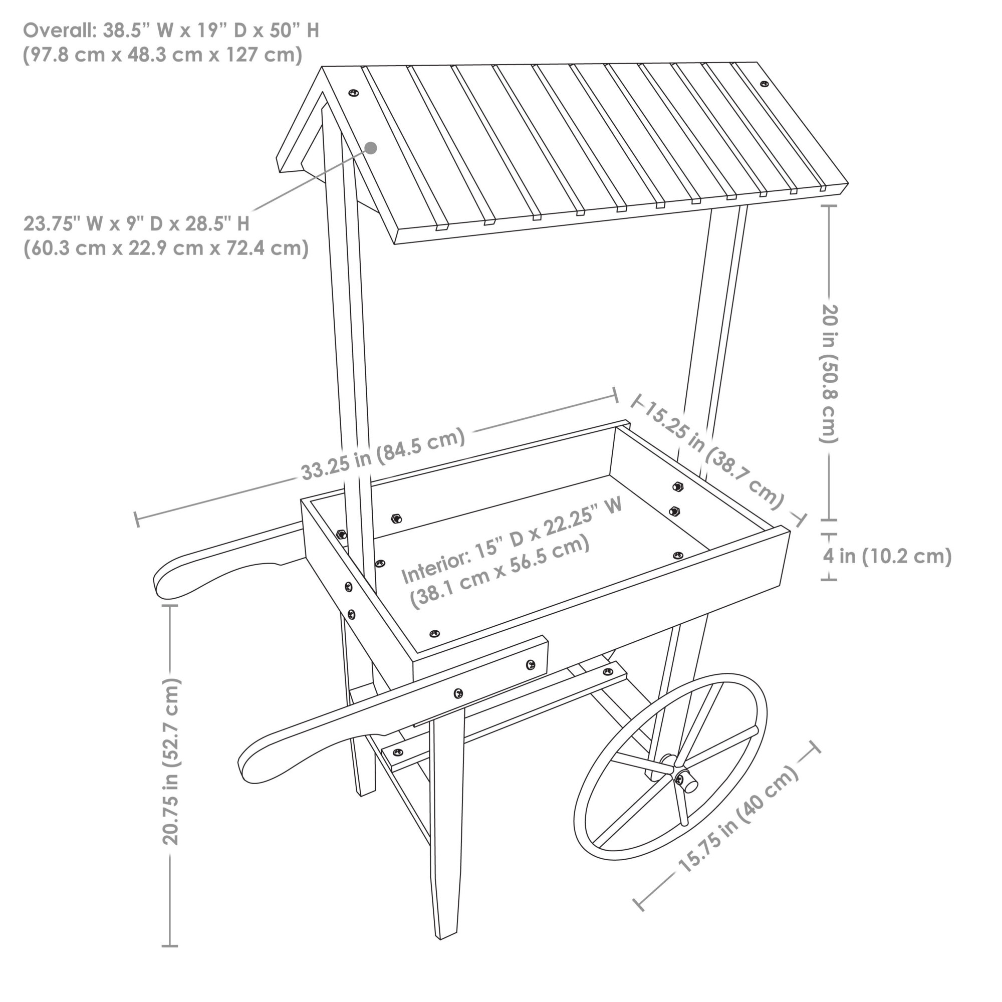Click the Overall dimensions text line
tap(171, 31)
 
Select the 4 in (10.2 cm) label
tap(887, 556)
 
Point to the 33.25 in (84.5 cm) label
tap(383, 454)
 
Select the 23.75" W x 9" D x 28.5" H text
tap(136, 223)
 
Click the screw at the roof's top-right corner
tap(764, 84)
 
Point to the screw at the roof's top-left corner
tap(353, 92)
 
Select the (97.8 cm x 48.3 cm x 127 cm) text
tap(163, 55)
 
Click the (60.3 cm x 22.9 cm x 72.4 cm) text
tap(166, 248)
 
